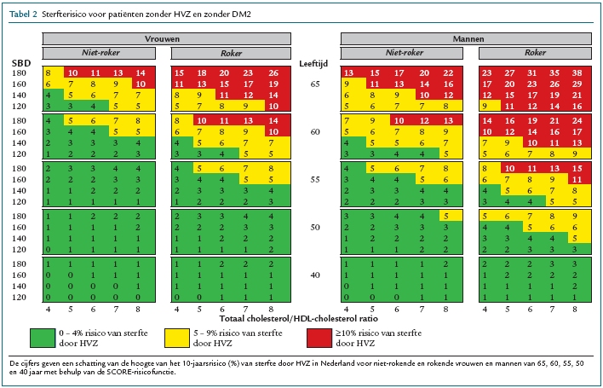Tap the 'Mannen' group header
(x=466, y=39)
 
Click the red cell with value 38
(x=576, y=74)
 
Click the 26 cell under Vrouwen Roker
(x=273, y=74)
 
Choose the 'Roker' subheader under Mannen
(x=535, y=52)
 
